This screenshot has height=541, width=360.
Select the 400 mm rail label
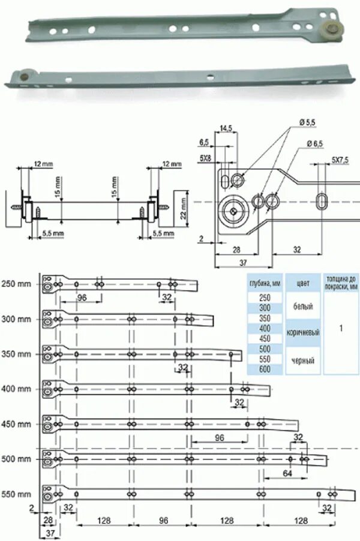point(16,389)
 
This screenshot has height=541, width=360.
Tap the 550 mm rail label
point(16,495)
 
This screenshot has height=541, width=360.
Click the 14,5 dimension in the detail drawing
point(226,128)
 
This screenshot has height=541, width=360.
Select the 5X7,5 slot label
point(341,161)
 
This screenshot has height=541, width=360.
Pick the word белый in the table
point(302,305)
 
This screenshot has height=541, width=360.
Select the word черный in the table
point(302,360)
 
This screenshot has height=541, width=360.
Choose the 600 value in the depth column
point(264,369)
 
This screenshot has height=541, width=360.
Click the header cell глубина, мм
point(264,284)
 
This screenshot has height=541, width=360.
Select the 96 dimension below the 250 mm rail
point(82,298)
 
